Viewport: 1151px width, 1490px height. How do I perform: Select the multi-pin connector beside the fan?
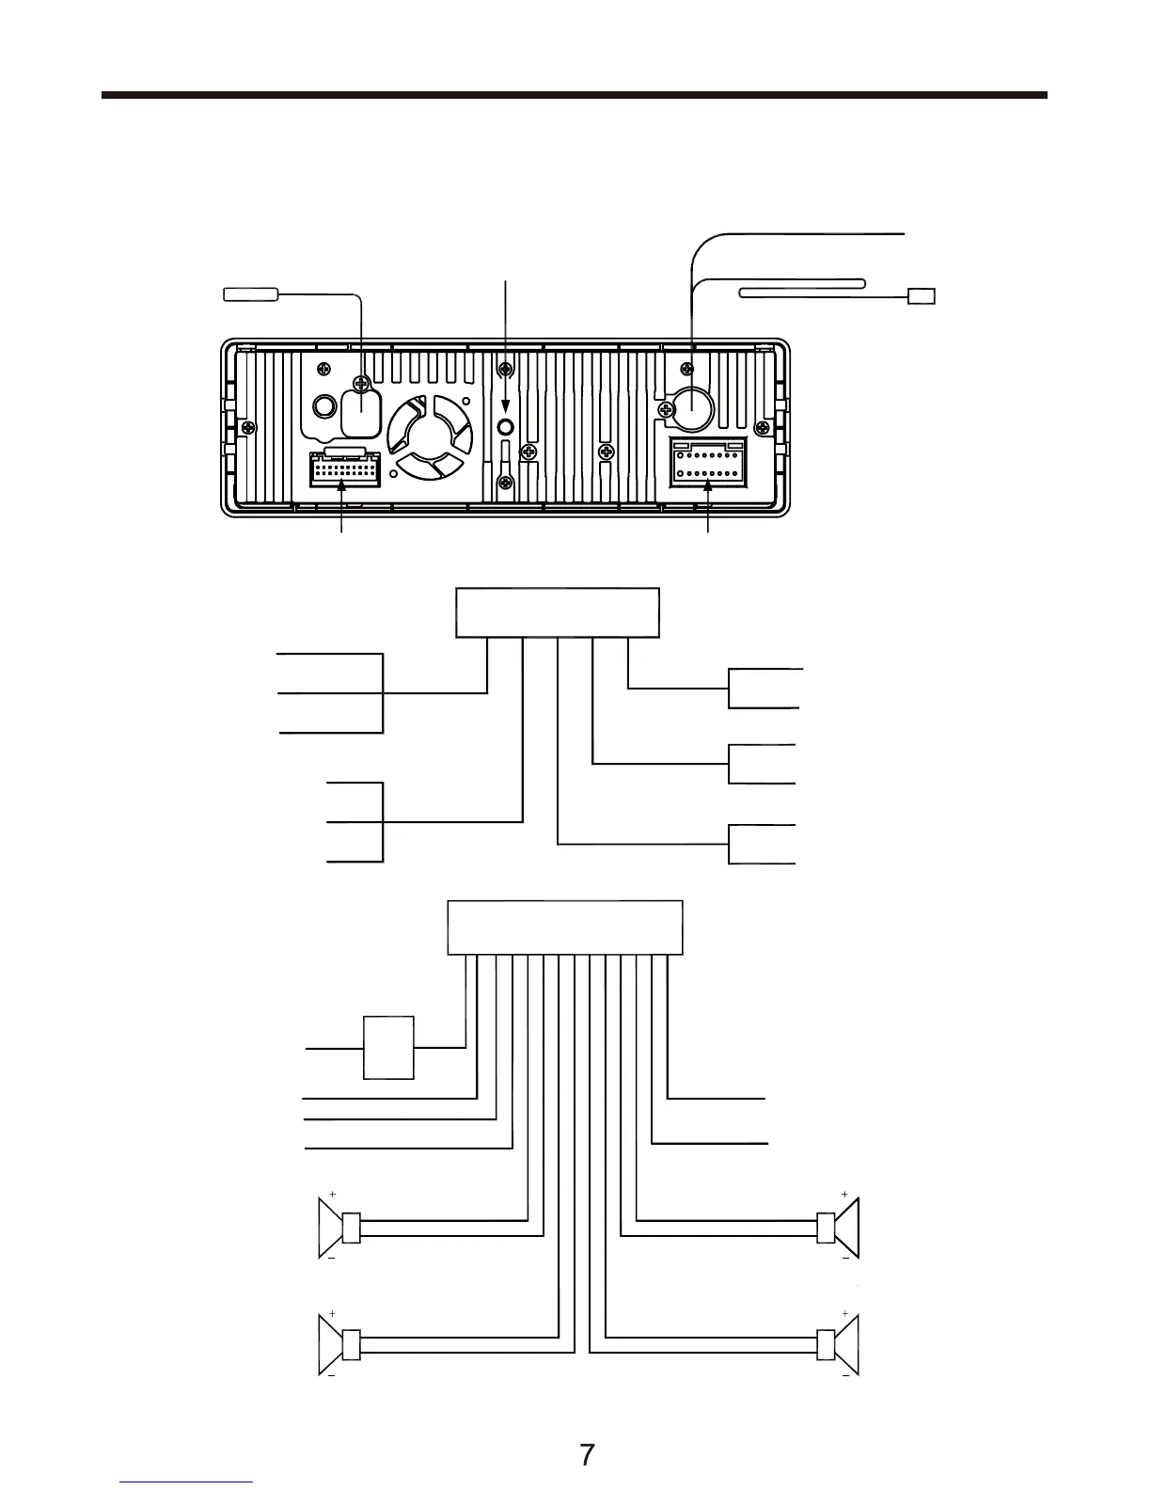point(344,468)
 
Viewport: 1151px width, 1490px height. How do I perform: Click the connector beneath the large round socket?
point(708,463)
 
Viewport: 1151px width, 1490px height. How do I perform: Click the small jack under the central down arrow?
point(506,427)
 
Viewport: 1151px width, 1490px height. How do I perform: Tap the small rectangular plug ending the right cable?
point(922,297)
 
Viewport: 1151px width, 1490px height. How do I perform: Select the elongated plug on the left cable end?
point(250,294)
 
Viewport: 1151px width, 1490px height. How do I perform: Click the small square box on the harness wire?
point(388,1047)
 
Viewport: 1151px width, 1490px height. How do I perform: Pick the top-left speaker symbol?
point(331,1228)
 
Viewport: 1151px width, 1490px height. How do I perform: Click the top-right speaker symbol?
point(847,1228)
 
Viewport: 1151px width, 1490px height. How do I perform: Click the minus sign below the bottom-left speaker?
point(332,1375)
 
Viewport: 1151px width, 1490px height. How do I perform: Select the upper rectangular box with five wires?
point(558,612)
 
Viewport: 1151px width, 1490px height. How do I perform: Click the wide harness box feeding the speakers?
point(564,927)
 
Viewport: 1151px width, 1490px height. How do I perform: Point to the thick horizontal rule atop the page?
point(574,95)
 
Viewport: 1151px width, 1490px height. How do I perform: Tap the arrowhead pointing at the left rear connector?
point(342,483)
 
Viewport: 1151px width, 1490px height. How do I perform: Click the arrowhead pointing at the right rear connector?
point(708,483)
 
